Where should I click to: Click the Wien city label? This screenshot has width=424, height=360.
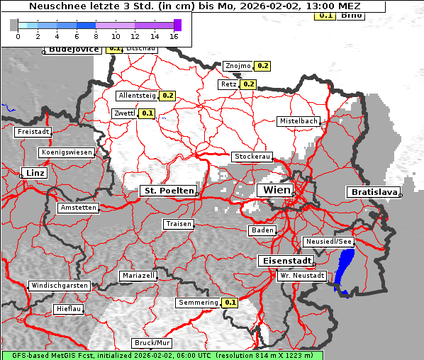point(277,191)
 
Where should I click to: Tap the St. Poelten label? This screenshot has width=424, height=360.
point(168,191)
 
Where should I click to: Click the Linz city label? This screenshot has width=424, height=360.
point(33,173)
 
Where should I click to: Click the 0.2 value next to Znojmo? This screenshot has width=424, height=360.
point(262,66)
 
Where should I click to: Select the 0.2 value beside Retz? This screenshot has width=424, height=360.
point(248,84)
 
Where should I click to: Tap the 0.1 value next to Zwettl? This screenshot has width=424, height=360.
point(147,113)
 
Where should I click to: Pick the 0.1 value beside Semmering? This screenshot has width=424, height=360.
point(230,303)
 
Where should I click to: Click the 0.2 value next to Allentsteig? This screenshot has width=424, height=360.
point(168,95)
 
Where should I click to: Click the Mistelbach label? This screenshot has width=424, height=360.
point(298,121)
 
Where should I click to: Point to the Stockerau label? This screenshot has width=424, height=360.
point(252,157)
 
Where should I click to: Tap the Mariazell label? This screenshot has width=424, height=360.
point(138,275)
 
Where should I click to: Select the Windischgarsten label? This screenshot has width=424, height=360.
point(59,286)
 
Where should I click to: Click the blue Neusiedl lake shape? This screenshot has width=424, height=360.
point(345,269)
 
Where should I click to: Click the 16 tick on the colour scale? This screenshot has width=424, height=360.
point(174,36)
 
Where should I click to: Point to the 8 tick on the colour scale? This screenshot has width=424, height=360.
point(96,36)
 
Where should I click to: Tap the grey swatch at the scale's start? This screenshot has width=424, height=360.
point(14,25)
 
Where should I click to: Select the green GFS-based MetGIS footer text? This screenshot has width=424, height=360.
point(162,355)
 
